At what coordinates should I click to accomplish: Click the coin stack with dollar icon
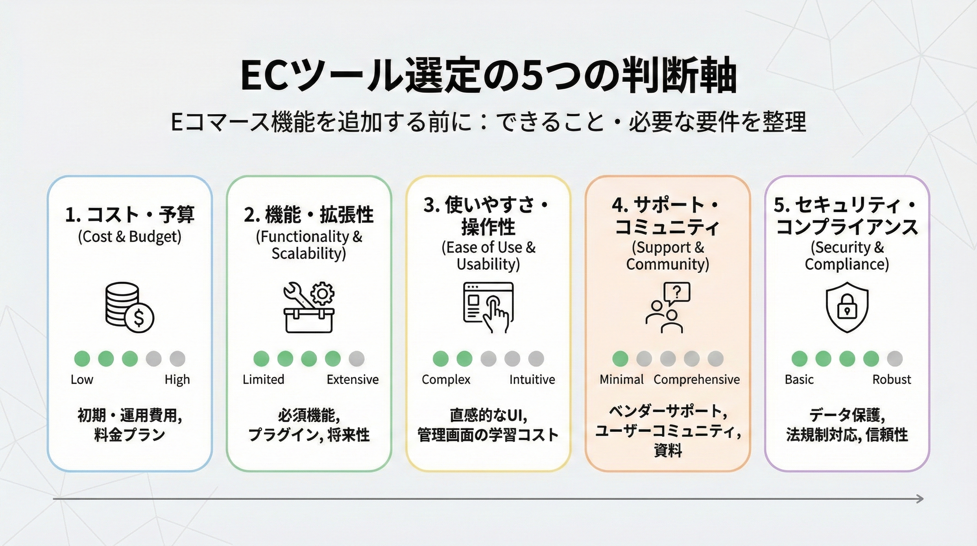(x=129, y=307)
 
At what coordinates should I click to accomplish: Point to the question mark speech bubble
(x=677, y=293)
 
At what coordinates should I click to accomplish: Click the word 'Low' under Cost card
(x=82, y=379)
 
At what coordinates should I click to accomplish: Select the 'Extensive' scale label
(x=352, y=379)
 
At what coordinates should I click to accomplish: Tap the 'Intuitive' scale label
(x=532, y=379)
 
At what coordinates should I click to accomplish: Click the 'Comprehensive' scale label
(x=696, y=379)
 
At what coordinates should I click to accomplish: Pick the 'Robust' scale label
(x=891, y=379)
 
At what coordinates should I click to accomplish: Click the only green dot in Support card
(x=620, y=358)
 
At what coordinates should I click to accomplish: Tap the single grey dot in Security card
(x=895, y=358)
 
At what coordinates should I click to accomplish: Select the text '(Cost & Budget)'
(x=129, y=236)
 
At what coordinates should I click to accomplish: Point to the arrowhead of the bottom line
(x=920, y=498)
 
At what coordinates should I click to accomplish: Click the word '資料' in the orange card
(x=667, y=451)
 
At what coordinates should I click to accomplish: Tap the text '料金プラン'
(x=129, y=435)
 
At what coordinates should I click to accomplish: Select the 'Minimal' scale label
(x=621, y=379)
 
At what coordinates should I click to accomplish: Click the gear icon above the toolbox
(x=322, y=293)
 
